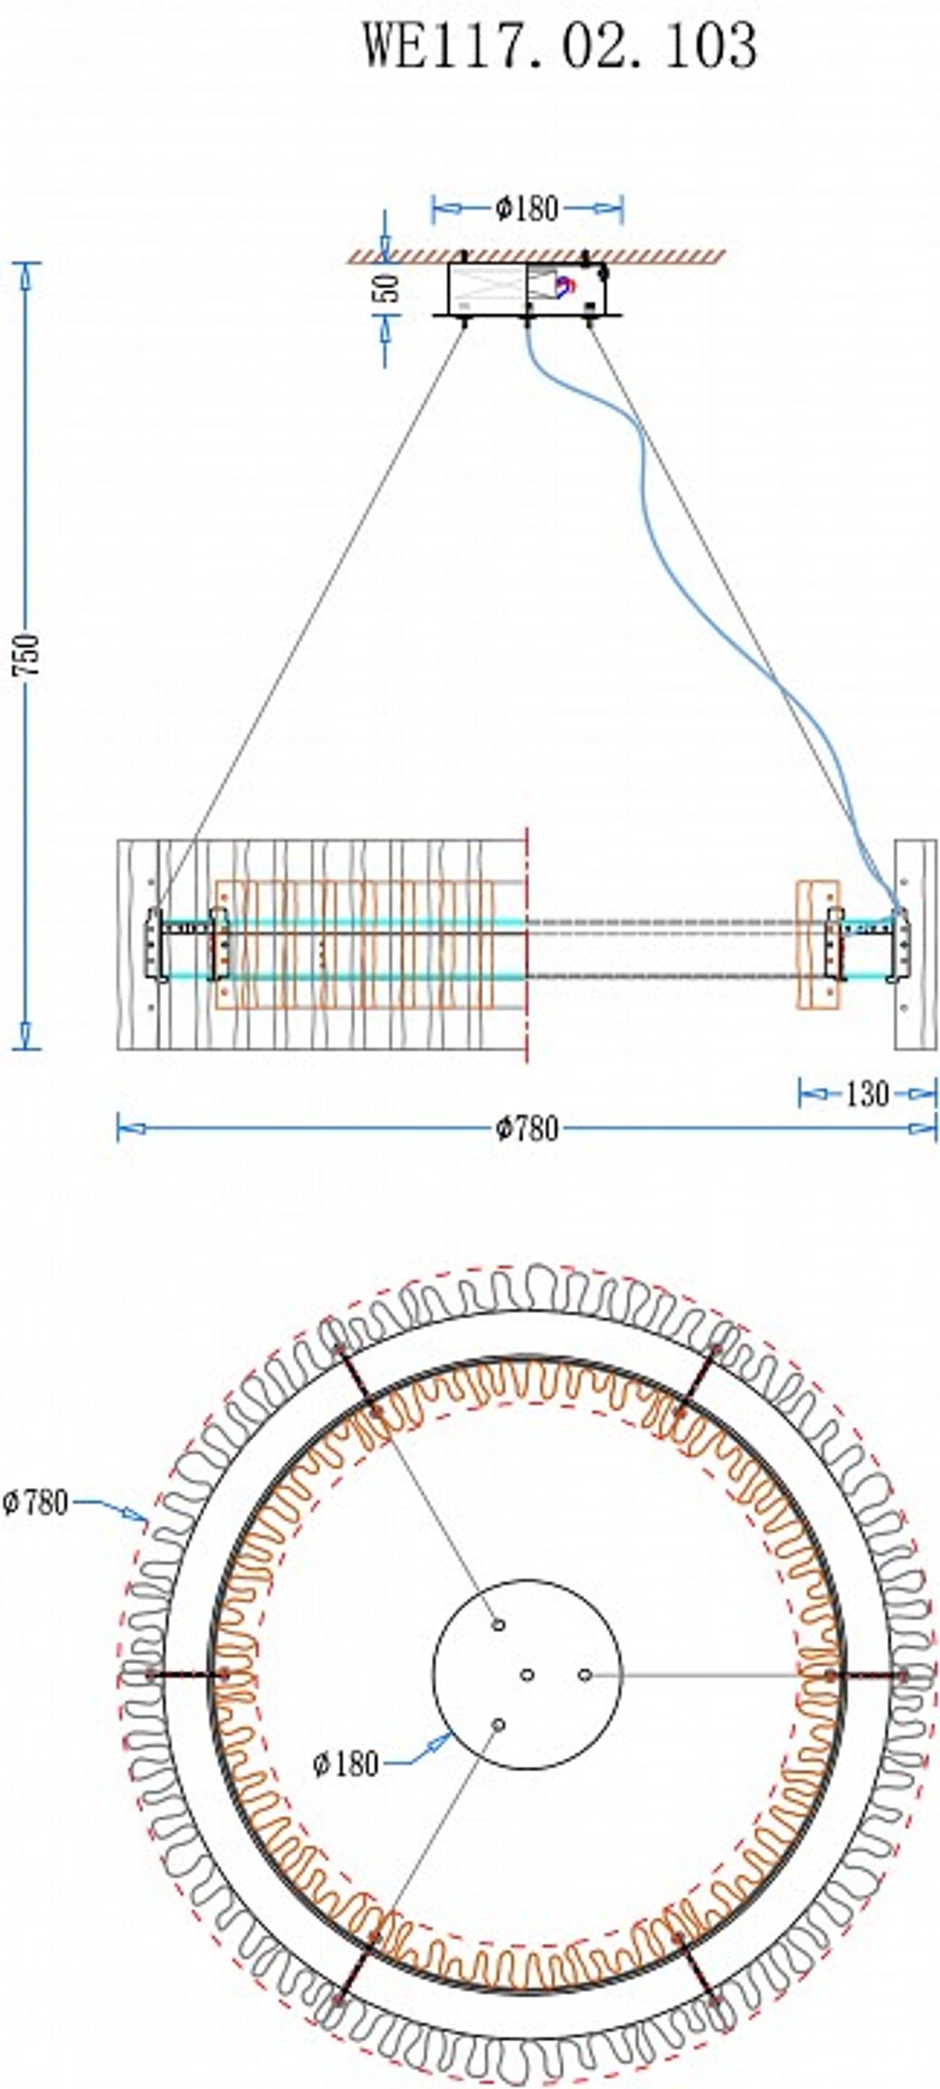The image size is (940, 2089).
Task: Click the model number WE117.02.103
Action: (560, 44)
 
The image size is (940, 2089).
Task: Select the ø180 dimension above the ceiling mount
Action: (526, 208)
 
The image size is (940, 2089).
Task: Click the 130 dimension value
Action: (867, 1092)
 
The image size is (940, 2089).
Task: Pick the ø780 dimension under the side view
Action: (527, 1128)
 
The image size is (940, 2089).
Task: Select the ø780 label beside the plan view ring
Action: (35, 1502)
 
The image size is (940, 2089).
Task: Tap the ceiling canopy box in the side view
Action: (527, 289)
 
